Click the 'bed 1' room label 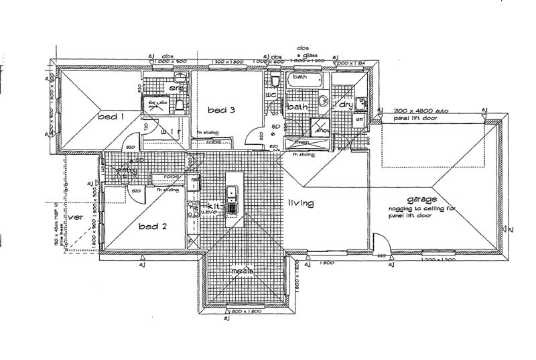tap(112, 117)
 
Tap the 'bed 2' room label tap(152, 226)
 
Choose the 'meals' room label tap(241, 271)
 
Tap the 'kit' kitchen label tap(214, 206)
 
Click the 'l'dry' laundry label tap(344, 105)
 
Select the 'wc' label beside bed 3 tap(271, 95)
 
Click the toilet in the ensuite tap(179, 104)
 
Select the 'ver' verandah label tap(75, 217)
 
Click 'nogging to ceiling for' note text tap(421, 208)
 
